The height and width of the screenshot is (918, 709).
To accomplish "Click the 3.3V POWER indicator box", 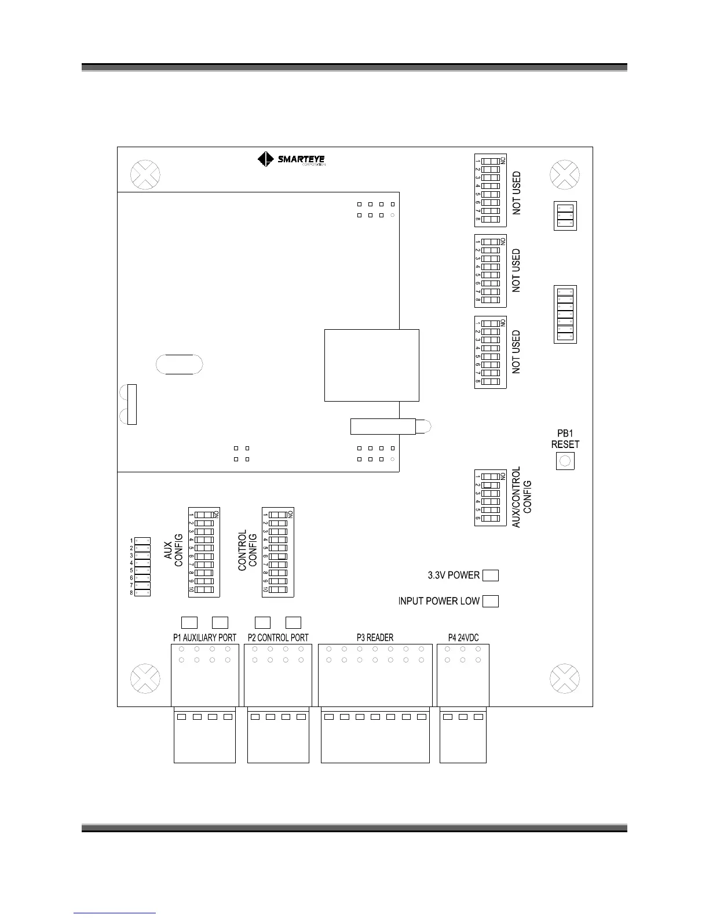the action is point(491,575).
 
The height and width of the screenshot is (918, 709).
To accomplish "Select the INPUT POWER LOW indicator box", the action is point(491,601).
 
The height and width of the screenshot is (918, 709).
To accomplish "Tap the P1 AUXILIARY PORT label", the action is point(204,637).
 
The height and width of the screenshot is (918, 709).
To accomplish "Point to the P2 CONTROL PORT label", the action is point(278,637).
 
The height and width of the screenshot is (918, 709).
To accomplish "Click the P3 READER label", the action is point(375,637).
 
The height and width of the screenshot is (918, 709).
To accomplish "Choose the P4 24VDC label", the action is point(463,637).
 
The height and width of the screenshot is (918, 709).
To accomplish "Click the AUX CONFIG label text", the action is point(173,550).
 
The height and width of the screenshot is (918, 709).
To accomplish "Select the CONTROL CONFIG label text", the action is point(247,550).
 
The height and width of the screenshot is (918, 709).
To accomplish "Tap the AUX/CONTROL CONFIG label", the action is point(522,497).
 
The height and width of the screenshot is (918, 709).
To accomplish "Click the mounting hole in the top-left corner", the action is point(145,174).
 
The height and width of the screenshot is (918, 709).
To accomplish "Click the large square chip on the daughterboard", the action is point(371,365).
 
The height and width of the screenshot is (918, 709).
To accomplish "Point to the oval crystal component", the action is point(180,364).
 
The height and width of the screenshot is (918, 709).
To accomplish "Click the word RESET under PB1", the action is point(565,445).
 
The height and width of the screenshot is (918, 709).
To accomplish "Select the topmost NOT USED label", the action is point(517,193).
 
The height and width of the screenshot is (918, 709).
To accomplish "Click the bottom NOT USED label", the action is point(517,352).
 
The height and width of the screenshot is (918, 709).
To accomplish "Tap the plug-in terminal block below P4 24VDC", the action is point(463,735).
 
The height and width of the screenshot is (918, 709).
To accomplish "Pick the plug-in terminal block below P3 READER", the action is point(375,735).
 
